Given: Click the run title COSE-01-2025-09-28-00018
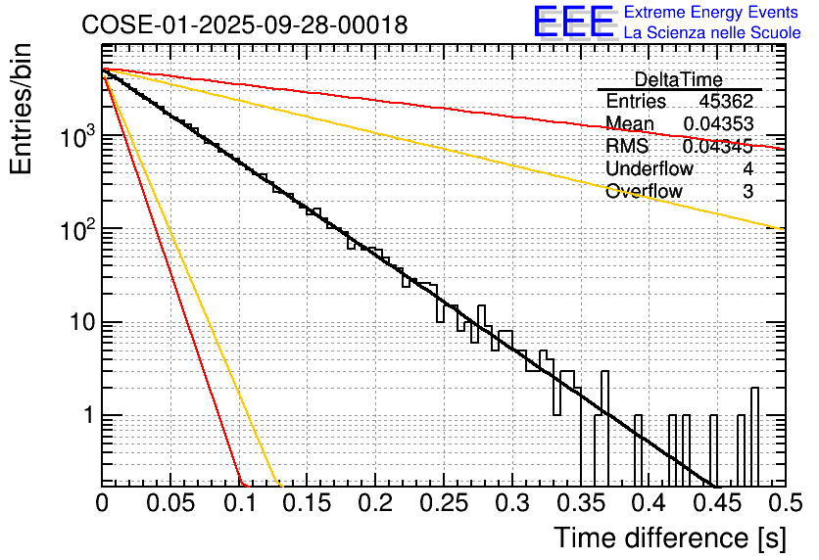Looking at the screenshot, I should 245,25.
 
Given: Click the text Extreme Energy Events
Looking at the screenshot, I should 711,13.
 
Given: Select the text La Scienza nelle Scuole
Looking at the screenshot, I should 711,33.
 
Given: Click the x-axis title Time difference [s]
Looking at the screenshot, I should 668,537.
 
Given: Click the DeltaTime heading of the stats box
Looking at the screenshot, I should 678,79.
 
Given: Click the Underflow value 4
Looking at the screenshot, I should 748,169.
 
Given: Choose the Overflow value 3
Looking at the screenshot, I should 748,192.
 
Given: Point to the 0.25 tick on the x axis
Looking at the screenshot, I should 443,503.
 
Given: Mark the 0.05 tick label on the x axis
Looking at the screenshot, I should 170,503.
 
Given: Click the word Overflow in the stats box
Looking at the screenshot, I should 644,192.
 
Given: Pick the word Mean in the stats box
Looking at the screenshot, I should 630,124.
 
